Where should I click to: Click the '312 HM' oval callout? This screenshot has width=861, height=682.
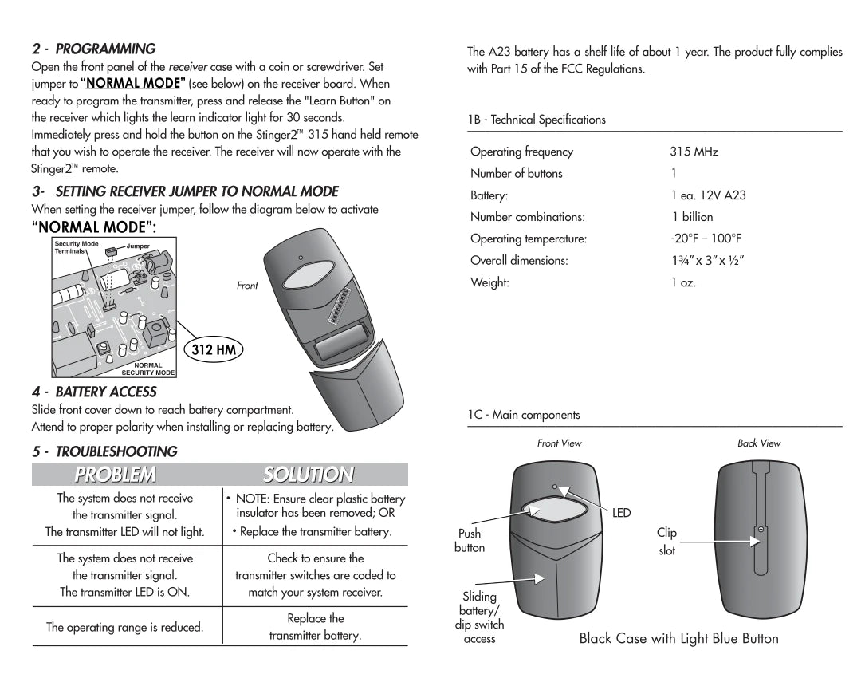[214, 349]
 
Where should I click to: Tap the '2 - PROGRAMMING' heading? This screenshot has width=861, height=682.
[94, 49]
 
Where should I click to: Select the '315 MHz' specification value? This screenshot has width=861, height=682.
[694, 152]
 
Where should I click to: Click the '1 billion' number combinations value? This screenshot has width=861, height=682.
[692, 217]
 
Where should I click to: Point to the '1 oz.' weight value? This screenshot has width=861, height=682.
[683, 282]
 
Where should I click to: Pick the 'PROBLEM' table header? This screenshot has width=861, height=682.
[115, 475]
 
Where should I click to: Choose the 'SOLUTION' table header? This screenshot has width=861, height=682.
[308, 475]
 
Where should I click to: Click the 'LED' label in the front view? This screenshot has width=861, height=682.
[621, 513]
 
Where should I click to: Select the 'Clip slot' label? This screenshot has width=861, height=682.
[666, 542]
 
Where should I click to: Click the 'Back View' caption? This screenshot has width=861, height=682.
[759, 443]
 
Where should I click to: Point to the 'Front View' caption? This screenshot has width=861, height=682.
[559, 443]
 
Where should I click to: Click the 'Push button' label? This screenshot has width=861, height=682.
[470, 541]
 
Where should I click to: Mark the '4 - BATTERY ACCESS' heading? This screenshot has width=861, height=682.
[94, 392]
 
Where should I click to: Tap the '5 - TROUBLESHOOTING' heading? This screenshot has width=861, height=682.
[104, 451]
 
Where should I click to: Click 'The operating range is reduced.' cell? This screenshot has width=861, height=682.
[124, 627]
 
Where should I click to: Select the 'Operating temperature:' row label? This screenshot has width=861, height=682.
[529, 239]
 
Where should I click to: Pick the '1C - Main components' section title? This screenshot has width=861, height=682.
[524, 415]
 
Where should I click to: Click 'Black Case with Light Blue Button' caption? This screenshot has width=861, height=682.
[678, 638]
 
